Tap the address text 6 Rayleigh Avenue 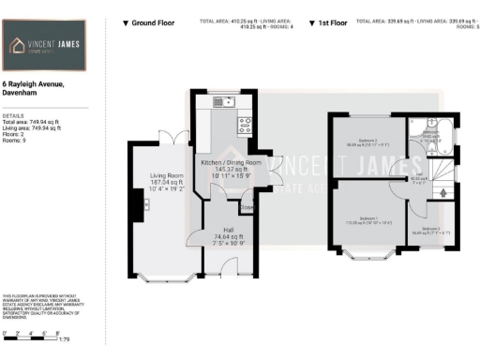[33, 85]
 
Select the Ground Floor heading [151, 22]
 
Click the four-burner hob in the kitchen [243, 121]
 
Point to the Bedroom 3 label [431, 228]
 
